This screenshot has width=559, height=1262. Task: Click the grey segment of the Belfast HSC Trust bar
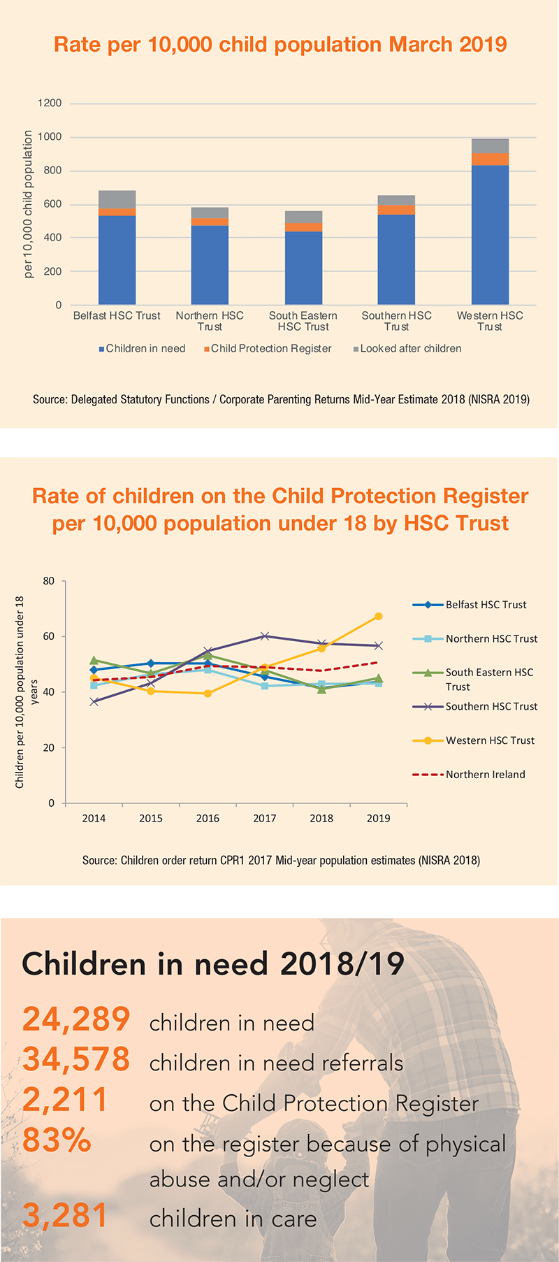tap(117, 199)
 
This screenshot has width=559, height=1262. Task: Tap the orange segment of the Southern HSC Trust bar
tap(396, 210)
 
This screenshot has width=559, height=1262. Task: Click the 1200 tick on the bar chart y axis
tap(50, 103)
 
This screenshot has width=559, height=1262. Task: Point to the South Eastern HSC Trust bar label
tap(303, 321)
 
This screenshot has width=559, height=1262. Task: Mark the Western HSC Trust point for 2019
tap(379, 616)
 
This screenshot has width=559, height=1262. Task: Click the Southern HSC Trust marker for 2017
tap(265, 636)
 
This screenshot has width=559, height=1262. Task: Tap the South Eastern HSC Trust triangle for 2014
tap(94, 660)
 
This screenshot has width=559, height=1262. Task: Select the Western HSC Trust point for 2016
tap(208, 694)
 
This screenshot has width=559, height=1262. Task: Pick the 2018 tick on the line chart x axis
tap(321, 818)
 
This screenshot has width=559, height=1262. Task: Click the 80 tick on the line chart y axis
tap(48, 581)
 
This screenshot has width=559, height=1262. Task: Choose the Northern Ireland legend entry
tap(485, 774)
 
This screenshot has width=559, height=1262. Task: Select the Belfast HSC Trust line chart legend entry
tap(486, 605)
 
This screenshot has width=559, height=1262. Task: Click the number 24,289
tap(76, 1019)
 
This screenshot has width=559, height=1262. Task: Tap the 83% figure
tap(57, 1140)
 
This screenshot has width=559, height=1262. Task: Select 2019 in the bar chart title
tap(483, 45)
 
